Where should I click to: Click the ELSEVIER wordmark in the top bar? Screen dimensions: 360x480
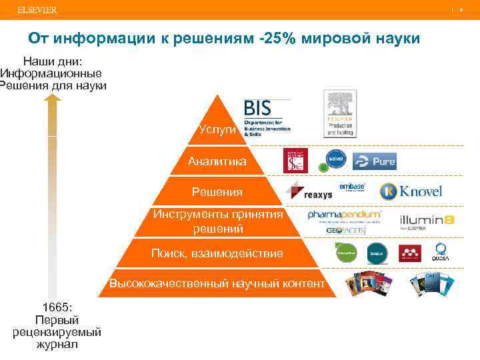[x=37, y=9]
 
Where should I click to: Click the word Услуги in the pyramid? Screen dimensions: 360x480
[x=217, y=129]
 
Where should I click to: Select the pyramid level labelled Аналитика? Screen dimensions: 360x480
[x=217, y=161]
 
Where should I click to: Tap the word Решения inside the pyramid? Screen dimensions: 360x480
[x=217, y=192]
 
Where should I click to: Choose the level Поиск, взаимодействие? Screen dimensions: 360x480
[x=217, y=253]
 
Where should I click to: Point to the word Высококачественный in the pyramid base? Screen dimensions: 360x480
[x=169, y=284]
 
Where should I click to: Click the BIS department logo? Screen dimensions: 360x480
[x=267, y=117]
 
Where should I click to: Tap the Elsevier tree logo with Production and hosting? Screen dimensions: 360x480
[x=339, y=114]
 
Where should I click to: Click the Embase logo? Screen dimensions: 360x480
[x=352, y=187]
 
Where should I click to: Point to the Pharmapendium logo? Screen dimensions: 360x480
[x=344, y=215]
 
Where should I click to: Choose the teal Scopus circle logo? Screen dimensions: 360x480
[x=377, y=253]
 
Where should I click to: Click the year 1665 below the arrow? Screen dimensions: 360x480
[x=56, y=307]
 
